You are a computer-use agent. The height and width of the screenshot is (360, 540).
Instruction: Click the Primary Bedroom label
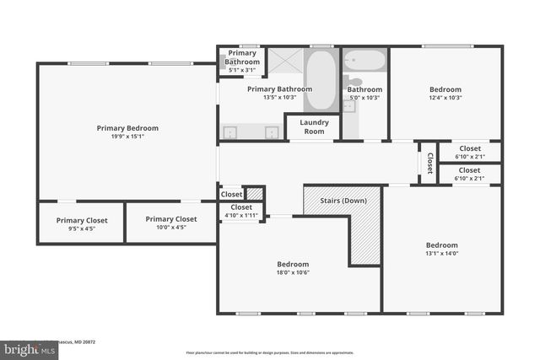[x=127, y=128]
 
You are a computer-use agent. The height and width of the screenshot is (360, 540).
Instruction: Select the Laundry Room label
[x=314, y=126]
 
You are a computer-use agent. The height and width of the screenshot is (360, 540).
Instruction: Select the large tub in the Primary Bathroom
[x=321, y=81]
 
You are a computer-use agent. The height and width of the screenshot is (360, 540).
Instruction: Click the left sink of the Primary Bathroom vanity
[x=231, y=132]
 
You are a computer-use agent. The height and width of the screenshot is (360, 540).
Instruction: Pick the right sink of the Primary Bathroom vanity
[x=272, y=132]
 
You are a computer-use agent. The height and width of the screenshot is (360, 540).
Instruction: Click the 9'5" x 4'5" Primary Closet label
[x=81, y=220]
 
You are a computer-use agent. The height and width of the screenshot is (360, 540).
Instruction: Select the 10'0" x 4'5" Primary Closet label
[x=170, y=219]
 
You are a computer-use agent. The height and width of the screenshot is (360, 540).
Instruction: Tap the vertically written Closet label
[x=429, y=163]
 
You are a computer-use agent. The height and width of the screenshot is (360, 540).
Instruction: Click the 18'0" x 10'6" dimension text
[x=294, y=272]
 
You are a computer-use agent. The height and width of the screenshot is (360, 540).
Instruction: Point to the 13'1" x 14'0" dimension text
[x=441, y=254]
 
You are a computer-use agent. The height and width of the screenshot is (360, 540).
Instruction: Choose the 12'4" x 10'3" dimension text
[x=445, y=98]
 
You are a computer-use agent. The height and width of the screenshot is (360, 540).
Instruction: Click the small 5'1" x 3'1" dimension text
[x=242, y=71]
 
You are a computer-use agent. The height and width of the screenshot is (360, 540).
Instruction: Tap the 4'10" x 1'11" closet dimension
[x=241, y=215]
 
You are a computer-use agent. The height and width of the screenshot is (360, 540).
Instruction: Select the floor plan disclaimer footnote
[x=270, y=352]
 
